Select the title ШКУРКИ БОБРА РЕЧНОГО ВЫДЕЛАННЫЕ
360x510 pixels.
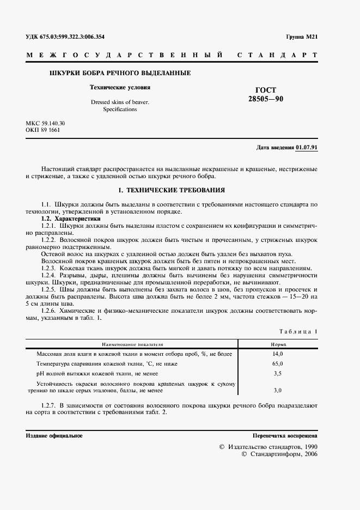(120, 73)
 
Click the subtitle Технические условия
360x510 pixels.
(120, 87)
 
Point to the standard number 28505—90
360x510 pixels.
(266, 99)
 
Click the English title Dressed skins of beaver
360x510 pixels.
(120, 102)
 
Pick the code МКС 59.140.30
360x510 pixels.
(45, 124)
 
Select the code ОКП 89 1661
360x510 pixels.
(43, 130)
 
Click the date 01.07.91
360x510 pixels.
(307, 148)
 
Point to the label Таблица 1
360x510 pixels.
(298, 331)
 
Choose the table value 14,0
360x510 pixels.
(277, 354)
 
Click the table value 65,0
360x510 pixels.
(277, 363)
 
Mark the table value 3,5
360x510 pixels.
(277, 373)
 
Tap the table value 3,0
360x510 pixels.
(277, 391)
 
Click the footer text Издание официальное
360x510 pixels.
(54, 436)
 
